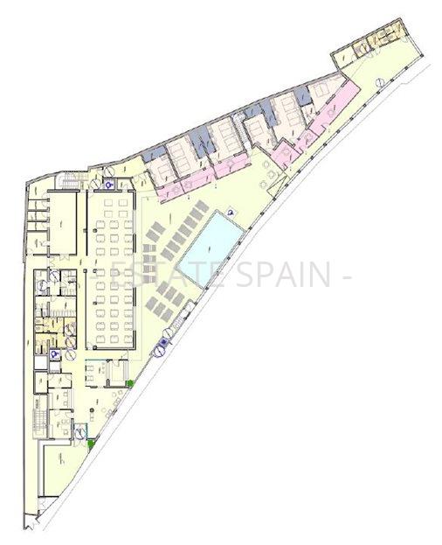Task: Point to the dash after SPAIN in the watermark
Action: pos(347,275)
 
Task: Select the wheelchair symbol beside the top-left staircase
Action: pos(108,184)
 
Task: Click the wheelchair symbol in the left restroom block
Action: pos(55,355)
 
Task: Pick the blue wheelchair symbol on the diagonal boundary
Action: pos(159,351)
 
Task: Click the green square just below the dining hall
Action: pos(129,383)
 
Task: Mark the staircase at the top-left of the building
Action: pos(69,179)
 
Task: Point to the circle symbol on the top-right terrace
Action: pos(382,80)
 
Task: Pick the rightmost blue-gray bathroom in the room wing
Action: pos(303,94)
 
